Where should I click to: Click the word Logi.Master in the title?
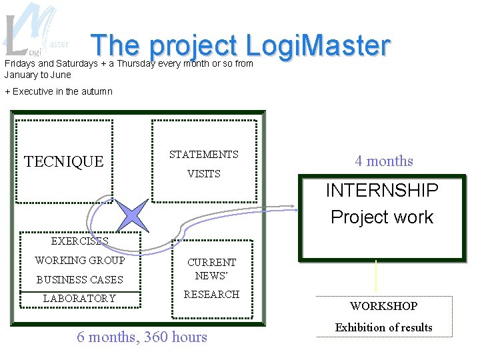317,45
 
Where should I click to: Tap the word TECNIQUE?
64,161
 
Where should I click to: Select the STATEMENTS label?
203,154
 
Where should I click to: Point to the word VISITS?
203,173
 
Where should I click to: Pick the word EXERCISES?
79,241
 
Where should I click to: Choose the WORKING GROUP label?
79,260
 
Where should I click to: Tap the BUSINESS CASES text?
79,279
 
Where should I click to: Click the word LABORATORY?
79,298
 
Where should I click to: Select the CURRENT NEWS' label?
211,269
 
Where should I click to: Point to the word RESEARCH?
211,294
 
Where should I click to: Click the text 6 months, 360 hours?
142,337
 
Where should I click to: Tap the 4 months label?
384,161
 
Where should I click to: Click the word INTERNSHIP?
382,190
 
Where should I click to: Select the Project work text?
382,217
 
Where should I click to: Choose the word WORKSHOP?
384,306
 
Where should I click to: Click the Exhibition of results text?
384,327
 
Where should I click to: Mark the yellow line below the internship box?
377,275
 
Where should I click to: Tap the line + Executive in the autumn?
59,91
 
